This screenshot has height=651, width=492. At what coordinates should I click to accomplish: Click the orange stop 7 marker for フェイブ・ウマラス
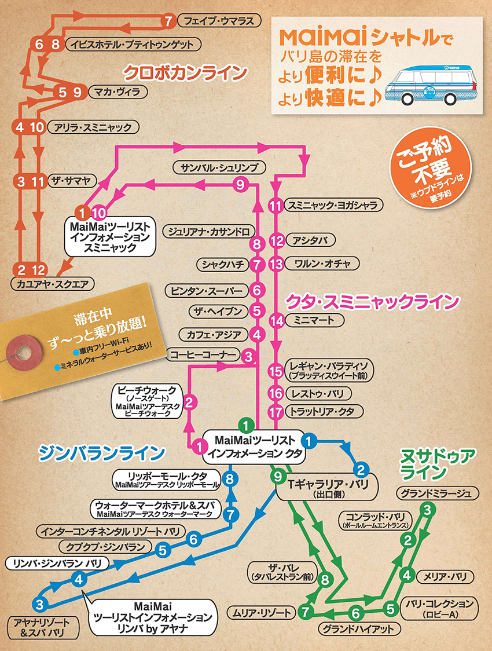pos(169,22)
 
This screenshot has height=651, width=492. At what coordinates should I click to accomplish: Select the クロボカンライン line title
pos(185,74)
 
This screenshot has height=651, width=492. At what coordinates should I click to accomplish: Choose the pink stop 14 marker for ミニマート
pos(278,320)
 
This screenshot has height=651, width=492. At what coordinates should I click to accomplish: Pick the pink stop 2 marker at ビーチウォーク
pos(192,401)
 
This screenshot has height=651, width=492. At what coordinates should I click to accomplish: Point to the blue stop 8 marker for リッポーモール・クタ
pos(231,479)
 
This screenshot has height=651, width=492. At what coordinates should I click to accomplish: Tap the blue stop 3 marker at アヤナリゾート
pos(39,605)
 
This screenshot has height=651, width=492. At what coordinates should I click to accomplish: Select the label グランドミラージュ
pos(438,493)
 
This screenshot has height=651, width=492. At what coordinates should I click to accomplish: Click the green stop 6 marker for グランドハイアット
pos(357,612)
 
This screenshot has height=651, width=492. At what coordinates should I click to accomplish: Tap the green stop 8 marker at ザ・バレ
pos(325,579)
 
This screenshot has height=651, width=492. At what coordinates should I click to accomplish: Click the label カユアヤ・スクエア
pos(52,284)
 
